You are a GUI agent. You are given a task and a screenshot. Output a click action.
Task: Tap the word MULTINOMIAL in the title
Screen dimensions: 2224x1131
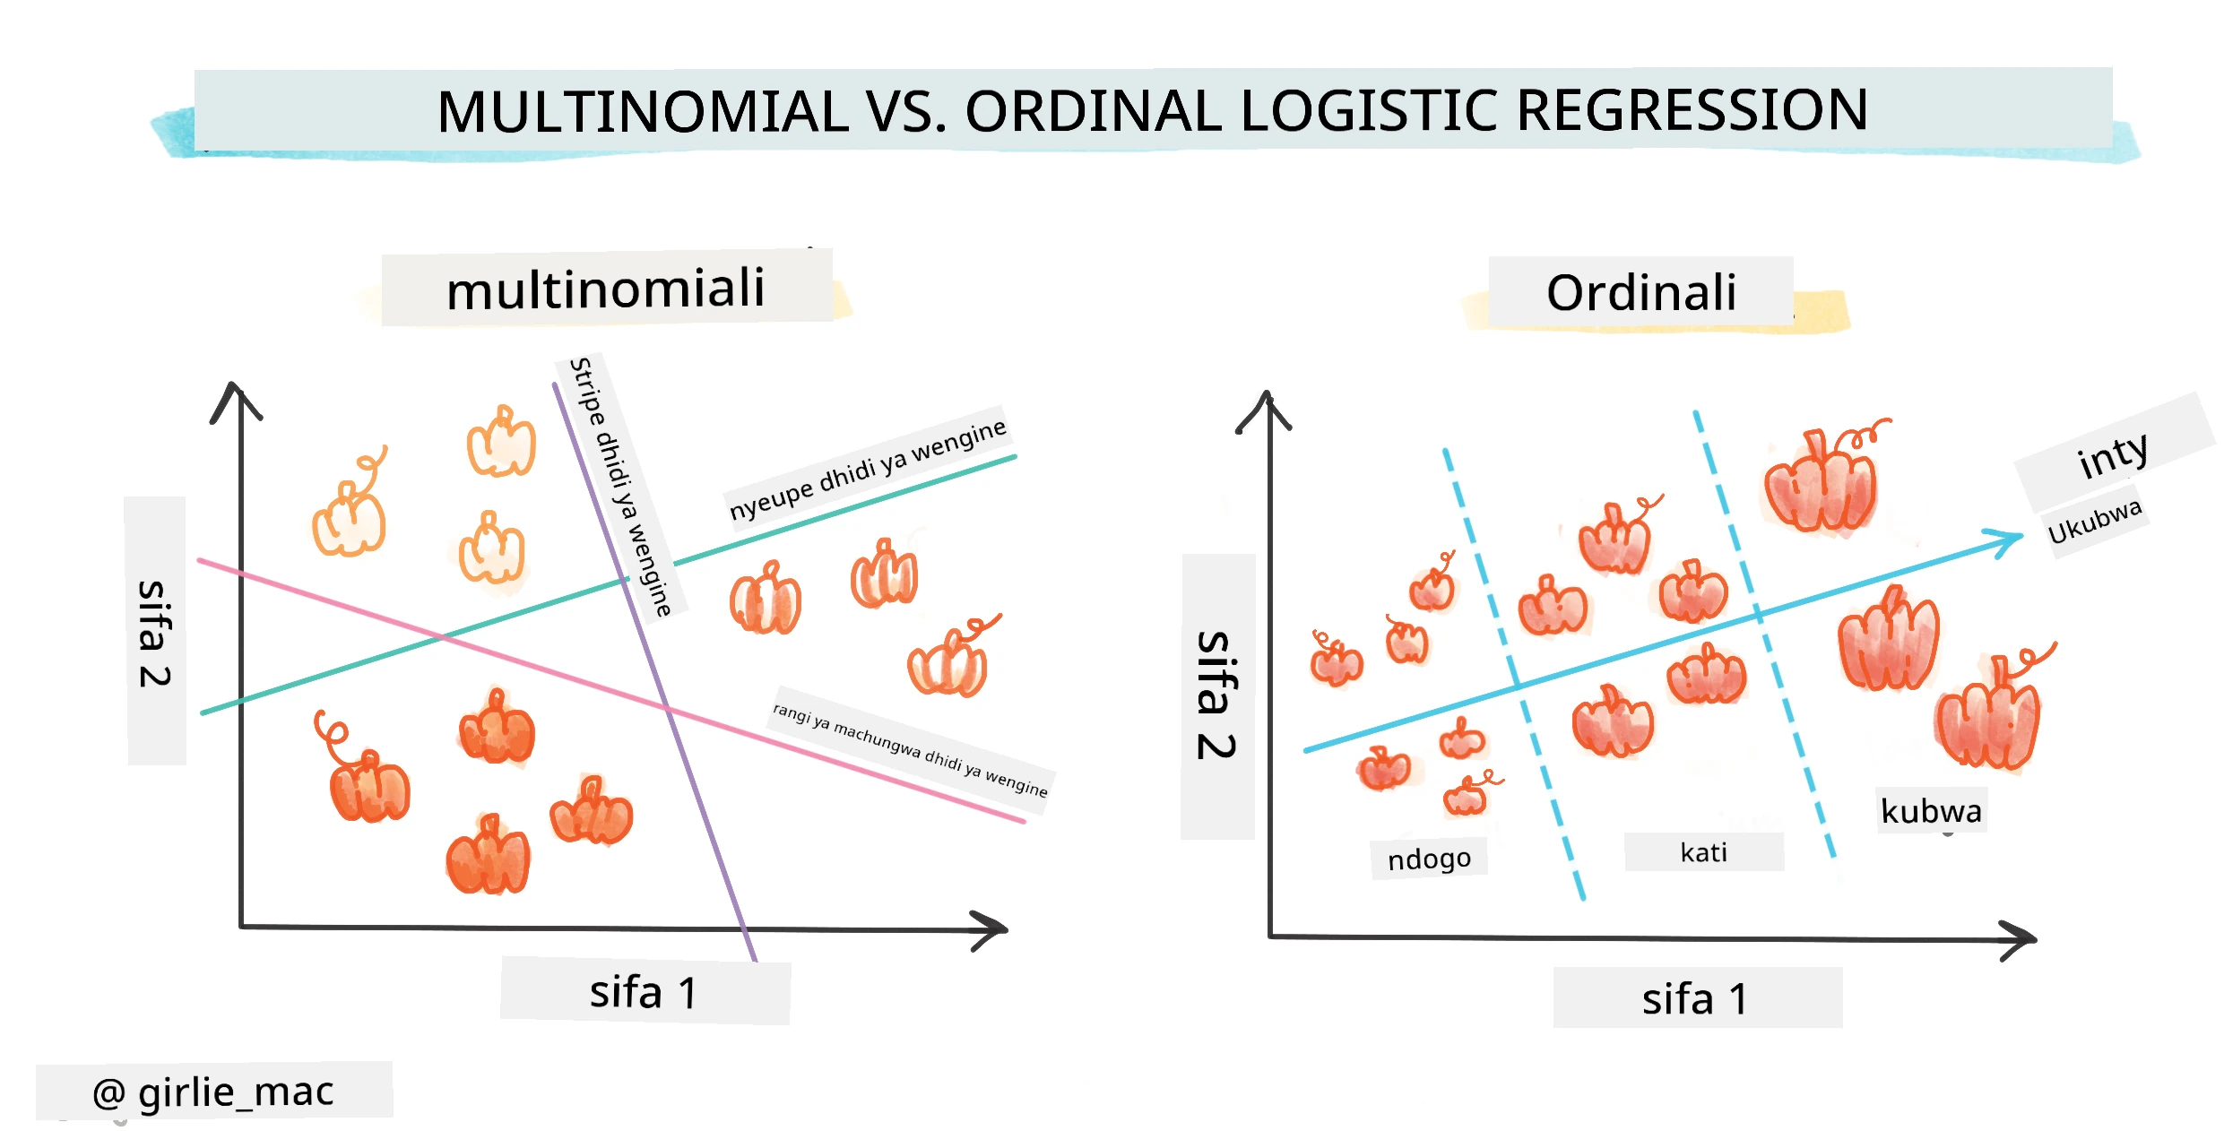[x=643, y=112]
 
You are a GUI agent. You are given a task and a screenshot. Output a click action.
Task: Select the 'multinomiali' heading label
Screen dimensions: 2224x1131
[x=606, y=289]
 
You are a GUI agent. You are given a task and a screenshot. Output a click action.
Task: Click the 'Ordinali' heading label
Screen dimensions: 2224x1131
[x=1641, y=293]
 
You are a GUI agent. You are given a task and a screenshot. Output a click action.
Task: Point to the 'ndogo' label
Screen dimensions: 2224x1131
[x=1429, y=859]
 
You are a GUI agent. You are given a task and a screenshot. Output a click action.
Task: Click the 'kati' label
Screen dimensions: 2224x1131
[x=1703, y=851]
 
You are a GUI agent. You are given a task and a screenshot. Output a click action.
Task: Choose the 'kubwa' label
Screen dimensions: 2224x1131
[x=1931, y=810]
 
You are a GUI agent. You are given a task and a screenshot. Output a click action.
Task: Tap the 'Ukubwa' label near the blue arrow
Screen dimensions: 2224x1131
[x=2095, y=521]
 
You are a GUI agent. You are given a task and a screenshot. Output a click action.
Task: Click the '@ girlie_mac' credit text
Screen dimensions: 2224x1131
[x=213, y=1092]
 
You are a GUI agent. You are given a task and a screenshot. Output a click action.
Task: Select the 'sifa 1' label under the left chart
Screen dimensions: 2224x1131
[x=643, y=992]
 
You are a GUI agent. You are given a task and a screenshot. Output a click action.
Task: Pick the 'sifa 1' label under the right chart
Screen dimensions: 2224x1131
[x=1695, y=998]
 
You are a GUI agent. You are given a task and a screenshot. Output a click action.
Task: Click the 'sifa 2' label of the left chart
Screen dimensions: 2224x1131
[x=154, y=633]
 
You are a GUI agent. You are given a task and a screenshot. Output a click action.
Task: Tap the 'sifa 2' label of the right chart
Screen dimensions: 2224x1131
[x=1216, y=695]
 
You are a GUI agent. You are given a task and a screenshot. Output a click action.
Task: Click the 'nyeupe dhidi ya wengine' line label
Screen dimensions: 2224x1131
[x=868, y=470]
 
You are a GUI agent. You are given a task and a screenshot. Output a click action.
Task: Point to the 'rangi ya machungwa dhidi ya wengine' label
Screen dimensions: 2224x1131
[x=910, y=749]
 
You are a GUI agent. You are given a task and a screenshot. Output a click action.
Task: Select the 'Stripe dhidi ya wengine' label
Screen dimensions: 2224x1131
[x=620, y=487]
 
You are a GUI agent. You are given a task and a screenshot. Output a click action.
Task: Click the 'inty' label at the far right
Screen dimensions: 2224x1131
[x=2113, y=454]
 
